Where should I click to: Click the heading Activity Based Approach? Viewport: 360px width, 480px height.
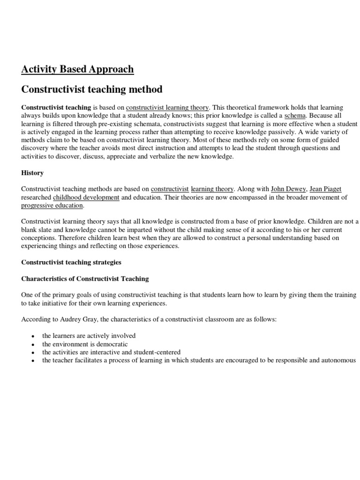[x=77, y=69]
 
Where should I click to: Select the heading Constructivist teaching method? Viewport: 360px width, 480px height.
[x=92, y=89]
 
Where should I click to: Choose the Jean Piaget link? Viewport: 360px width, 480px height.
[x=325, y=189]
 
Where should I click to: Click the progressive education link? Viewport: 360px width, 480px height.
[x=52, y=206]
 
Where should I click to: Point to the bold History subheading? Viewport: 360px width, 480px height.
[x=32, y=173]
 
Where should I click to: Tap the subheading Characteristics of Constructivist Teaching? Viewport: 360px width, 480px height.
[x=85, y=278]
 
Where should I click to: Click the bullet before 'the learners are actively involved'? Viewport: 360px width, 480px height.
[x=32, y=337]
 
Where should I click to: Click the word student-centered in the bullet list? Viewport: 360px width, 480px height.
[x=158, y=352]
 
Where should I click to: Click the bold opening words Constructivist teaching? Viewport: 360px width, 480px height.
[x=56, y=107]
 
